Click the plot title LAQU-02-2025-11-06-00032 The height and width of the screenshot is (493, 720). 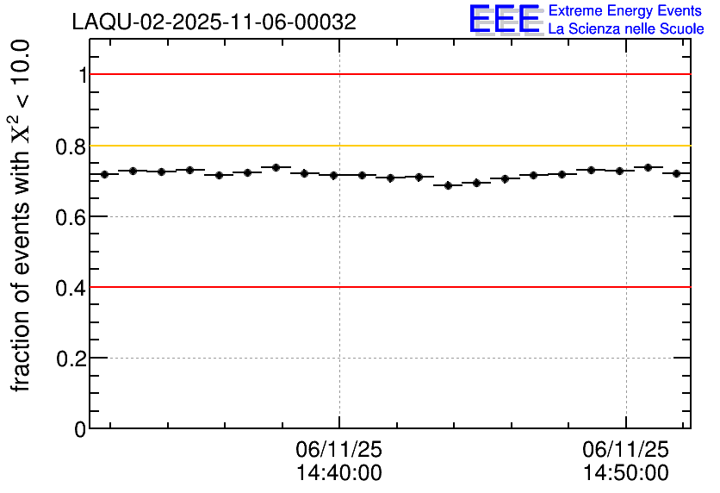[214, 22]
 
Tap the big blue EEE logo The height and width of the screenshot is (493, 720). [505, 19]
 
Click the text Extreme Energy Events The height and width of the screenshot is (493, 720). [626, 10]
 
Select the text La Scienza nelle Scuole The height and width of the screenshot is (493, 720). [626, 29]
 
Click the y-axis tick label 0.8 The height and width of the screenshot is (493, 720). [71, 146]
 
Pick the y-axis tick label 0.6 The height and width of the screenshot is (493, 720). [71, 216]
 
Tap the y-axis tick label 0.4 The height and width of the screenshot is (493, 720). [71, 287]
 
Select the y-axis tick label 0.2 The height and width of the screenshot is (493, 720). [71, 358]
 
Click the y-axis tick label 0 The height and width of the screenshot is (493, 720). [81, 428]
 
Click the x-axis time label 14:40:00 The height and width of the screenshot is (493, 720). [338, 473]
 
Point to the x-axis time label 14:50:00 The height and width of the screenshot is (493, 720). [625, 473]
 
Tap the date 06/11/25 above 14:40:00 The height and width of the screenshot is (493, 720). [338, 450]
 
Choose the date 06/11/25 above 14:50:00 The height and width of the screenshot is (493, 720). [625, 450]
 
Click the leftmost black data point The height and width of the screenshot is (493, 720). [104, 174]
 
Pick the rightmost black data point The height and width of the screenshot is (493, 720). [676, 173]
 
